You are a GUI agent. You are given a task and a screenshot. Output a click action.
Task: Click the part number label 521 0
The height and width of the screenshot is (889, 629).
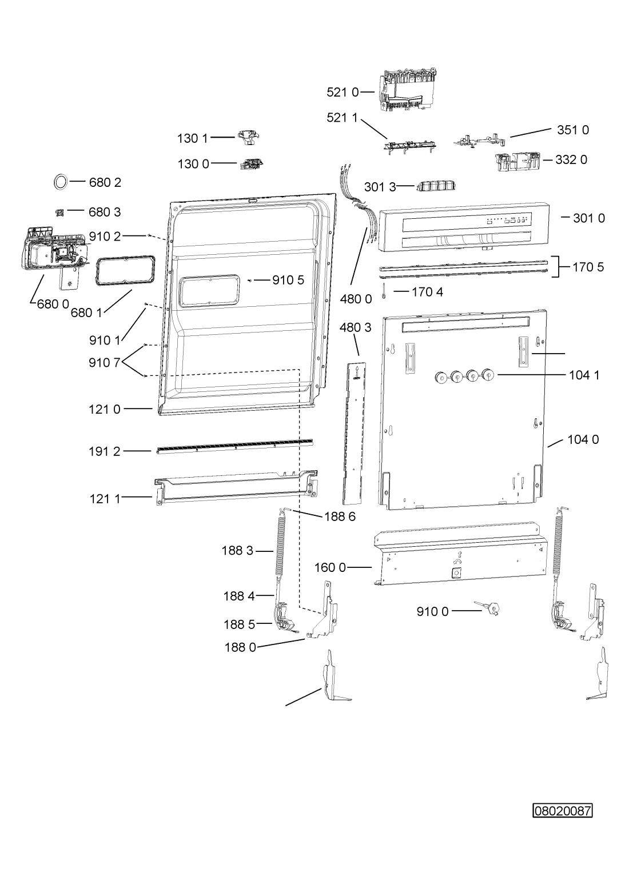click(x=343, y=93)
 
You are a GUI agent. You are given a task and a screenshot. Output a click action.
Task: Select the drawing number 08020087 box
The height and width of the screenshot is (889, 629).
click(x=562, y=811)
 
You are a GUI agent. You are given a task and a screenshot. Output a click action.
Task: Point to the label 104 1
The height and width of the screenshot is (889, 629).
click(x=584, y=375)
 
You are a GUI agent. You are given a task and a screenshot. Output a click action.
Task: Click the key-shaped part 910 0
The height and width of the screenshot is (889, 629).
click(x=487, y=607)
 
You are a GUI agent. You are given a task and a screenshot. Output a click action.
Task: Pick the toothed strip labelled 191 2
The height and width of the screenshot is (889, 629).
click(x=234, y=446)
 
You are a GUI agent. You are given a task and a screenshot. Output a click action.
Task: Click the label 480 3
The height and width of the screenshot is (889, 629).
click(x=356, y=327)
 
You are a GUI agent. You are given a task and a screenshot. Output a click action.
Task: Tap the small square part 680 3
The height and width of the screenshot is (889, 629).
click(x=59, y=213)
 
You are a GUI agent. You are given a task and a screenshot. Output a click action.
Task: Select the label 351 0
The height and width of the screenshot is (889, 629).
click(x=573, y=130)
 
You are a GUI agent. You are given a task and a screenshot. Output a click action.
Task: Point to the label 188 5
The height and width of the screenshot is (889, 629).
click(x=240, y=624)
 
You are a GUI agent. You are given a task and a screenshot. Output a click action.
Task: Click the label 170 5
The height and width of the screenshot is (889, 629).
click(x=588, y=267)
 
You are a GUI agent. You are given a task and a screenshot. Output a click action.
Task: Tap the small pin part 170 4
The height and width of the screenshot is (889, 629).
click(x=384, y=292)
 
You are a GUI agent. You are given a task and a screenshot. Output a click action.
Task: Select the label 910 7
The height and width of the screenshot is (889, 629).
click(x=105, y=362)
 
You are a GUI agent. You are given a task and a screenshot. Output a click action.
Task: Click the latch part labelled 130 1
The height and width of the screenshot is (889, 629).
click(x=249, y=137)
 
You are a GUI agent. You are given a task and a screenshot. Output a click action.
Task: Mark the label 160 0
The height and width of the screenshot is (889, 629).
click(x=330, y=567)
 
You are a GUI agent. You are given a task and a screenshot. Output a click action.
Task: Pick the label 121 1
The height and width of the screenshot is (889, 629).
click(x=105, y=499)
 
